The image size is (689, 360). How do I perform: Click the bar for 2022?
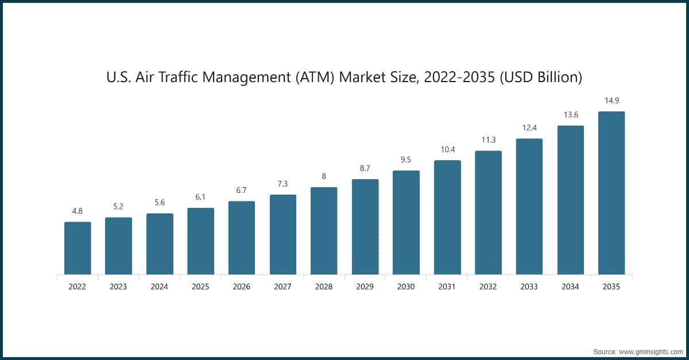point(78,248)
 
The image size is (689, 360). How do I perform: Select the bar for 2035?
point(611,193)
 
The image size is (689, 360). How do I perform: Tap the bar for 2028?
point(324,231)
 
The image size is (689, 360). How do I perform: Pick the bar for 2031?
point(447,217)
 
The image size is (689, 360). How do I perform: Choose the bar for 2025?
point(200,241)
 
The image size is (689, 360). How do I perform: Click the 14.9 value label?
point(611,101)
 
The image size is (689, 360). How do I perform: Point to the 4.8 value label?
point(78,211)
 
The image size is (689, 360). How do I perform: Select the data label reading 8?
point(324,177)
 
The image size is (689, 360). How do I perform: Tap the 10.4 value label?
point(447,149)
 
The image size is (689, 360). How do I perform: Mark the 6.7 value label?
point(242,191)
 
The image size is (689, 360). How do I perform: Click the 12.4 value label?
point(529,128)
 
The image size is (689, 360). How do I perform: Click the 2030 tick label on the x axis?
point(406,287)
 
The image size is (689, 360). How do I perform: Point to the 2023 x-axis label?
point(118,287)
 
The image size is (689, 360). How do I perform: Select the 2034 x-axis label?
point(571,287)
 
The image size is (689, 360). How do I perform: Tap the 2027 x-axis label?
point(282,287)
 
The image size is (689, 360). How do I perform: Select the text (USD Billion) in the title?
point(540,77)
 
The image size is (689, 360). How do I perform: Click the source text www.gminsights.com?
point(650,351)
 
